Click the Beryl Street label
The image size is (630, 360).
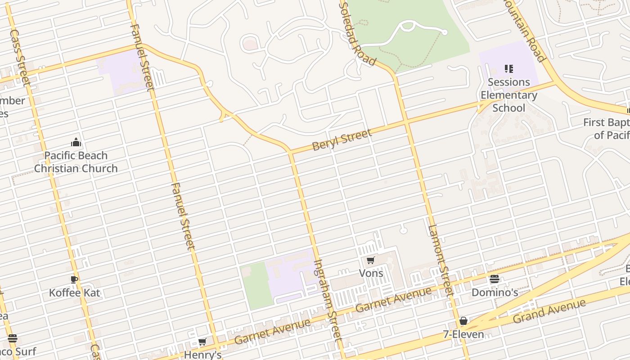pyautogui.click(x=342, y=139)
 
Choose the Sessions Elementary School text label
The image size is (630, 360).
pyautogui.click(x=508, y=95)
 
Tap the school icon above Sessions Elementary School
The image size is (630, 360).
pyautogui.click(x=509, y=69)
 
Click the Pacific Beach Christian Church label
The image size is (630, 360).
pyautogui.click(x=76, y=162)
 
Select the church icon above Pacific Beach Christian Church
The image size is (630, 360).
pyautogui.click(x=76, y=142)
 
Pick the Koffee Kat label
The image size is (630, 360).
pyautogui.click(x=75, y=293)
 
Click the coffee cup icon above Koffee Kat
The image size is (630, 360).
pyautogui.click(x=75, y=279)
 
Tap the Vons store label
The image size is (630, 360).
pyautogui.click(x=371, y=273)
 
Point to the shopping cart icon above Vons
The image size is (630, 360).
pyautogui.click(x=371, y=260)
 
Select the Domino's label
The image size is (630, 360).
pyautogui.click(x=495, y=292)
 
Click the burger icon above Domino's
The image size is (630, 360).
pyautogui.click(x=495, y=279)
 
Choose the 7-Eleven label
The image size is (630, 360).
pyautogui.click(x=463, y=334)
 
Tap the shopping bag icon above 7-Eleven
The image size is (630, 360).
pyautogui.click(x=463, y=321)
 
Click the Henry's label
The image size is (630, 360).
pyautogui.click(x=203, y=355)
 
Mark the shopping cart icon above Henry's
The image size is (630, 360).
pyautogui.click(x=202, y=342)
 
